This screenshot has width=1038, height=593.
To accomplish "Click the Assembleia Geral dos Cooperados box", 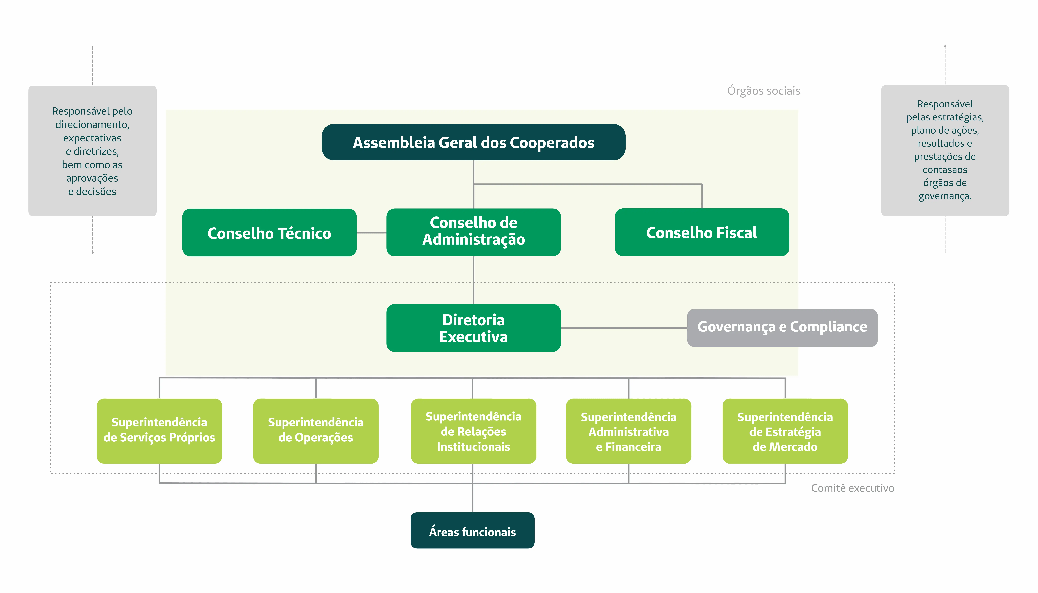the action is point(473,142).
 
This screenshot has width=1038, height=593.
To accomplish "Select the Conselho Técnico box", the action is point(269,233).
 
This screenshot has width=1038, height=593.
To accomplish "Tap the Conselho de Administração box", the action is point(473,233).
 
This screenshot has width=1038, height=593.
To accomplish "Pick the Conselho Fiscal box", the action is point(702,233).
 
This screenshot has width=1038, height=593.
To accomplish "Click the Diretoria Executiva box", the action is point(473,328).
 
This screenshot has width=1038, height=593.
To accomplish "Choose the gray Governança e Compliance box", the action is point(782,328).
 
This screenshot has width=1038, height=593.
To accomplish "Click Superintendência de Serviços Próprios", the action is point(159,431).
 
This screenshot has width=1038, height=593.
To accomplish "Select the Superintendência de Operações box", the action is point(316,431).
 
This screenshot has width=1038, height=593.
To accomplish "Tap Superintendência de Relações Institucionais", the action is point(473,431).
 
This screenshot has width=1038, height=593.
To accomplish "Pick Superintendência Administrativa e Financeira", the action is point(629,431).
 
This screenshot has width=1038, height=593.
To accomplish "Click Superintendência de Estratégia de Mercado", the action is point(785,431).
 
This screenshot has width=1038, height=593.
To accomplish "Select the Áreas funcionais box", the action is point(473,530).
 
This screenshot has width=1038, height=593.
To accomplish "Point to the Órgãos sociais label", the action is point(764,90).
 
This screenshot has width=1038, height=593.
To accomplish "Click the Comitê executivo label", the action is point(853,488).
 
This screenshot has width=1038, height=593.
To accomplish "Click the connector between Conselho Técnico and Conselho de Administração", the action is point(371,233).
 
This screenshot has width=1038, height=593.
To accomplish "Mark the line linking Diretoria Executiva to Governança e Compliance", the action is point(624,328).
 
